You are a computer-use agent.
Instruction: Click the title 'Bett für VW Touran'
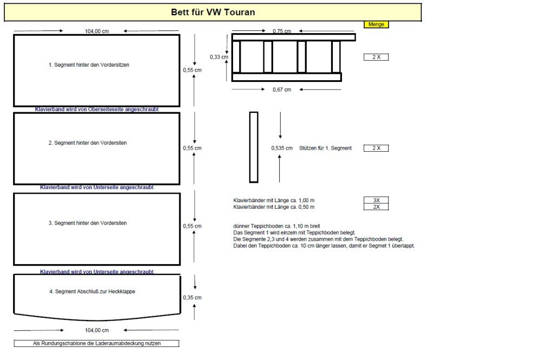213,12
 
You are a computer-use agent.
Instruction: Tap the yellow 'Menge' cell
376,24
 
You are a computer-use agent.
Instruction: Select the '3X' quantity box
376,200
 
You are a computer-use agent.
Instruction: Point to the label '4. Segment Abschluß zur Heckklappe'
92,291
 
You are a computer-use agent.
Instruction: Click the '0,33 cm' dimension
219,56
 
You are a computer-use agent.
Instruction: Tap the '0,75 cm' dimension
281,31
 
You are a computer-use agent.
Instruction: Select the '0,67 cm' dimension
281,89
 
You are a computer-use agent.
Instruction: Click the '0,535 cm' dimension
282,148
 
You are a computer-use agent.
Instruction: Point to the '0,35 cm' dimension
192,297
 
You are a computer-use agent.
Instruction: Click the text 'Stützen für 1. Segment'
325,148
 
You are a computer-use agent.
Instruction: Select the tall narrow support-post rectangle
254,147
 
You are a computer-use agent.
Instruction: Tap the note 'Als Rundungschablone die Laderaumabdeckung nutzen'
96,343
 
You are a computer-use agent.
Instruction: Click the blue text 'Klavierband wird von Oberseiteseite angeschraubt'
97,110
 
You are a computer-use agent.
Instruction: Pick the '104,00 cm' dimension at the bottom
97,330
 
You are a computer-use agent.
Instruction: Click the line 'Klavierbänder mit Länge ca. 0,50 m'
274,207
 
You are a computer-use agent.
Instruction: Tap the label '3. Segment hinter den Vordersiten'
88,223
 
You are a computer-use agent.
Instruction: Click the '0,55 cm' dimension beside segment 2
192,148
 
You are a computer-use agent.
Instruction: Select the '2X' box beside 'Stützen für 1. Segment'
376,148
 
